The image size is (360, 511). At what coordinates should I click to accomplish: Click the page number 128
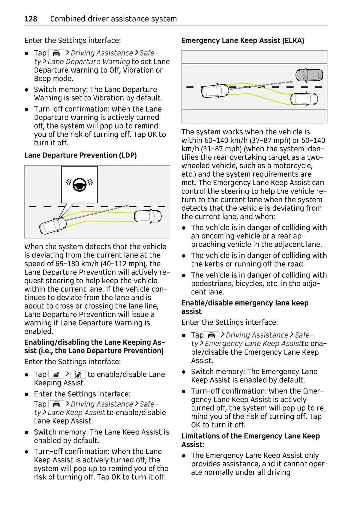coord(31,19)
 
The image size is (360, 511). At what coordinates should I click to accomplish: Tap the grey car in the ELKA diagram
coord(309,75)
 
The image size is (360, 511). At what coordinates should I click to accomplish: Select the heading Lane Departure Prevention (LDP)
coord(80,155)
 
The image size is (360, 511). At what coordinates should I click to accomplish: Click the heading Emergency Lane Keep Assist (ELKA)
coord(243,41)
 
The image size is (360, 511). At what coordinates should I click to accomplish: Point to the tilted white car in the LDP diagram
coord(53,226)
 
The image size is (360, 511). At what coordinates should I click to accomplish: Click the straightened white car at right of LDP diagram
coord(148,216)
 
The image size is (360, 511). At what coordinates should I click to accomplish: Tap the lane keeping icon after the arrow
coord(78,374)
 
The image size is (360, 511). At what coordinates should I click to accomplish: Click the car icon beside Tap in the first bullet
coord(56,53)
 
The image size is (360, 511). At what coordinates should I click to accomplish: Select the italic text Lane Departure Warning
coord(89,62)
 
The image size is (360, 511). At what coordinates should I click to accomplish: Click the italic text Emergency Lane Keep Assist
coord(253,344)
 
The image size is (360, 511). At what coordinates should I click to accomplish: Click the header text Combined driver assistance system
coord(113,19)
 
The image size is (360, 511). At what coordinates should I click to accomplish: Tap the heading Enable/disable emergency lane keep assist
coord(245,307)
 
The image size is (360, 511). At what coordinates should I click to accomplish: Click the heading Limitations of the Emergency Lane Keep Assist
coord(250,440)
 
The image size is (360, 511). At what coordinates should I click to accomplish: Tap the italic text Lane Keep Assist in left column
coord(76,413)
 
